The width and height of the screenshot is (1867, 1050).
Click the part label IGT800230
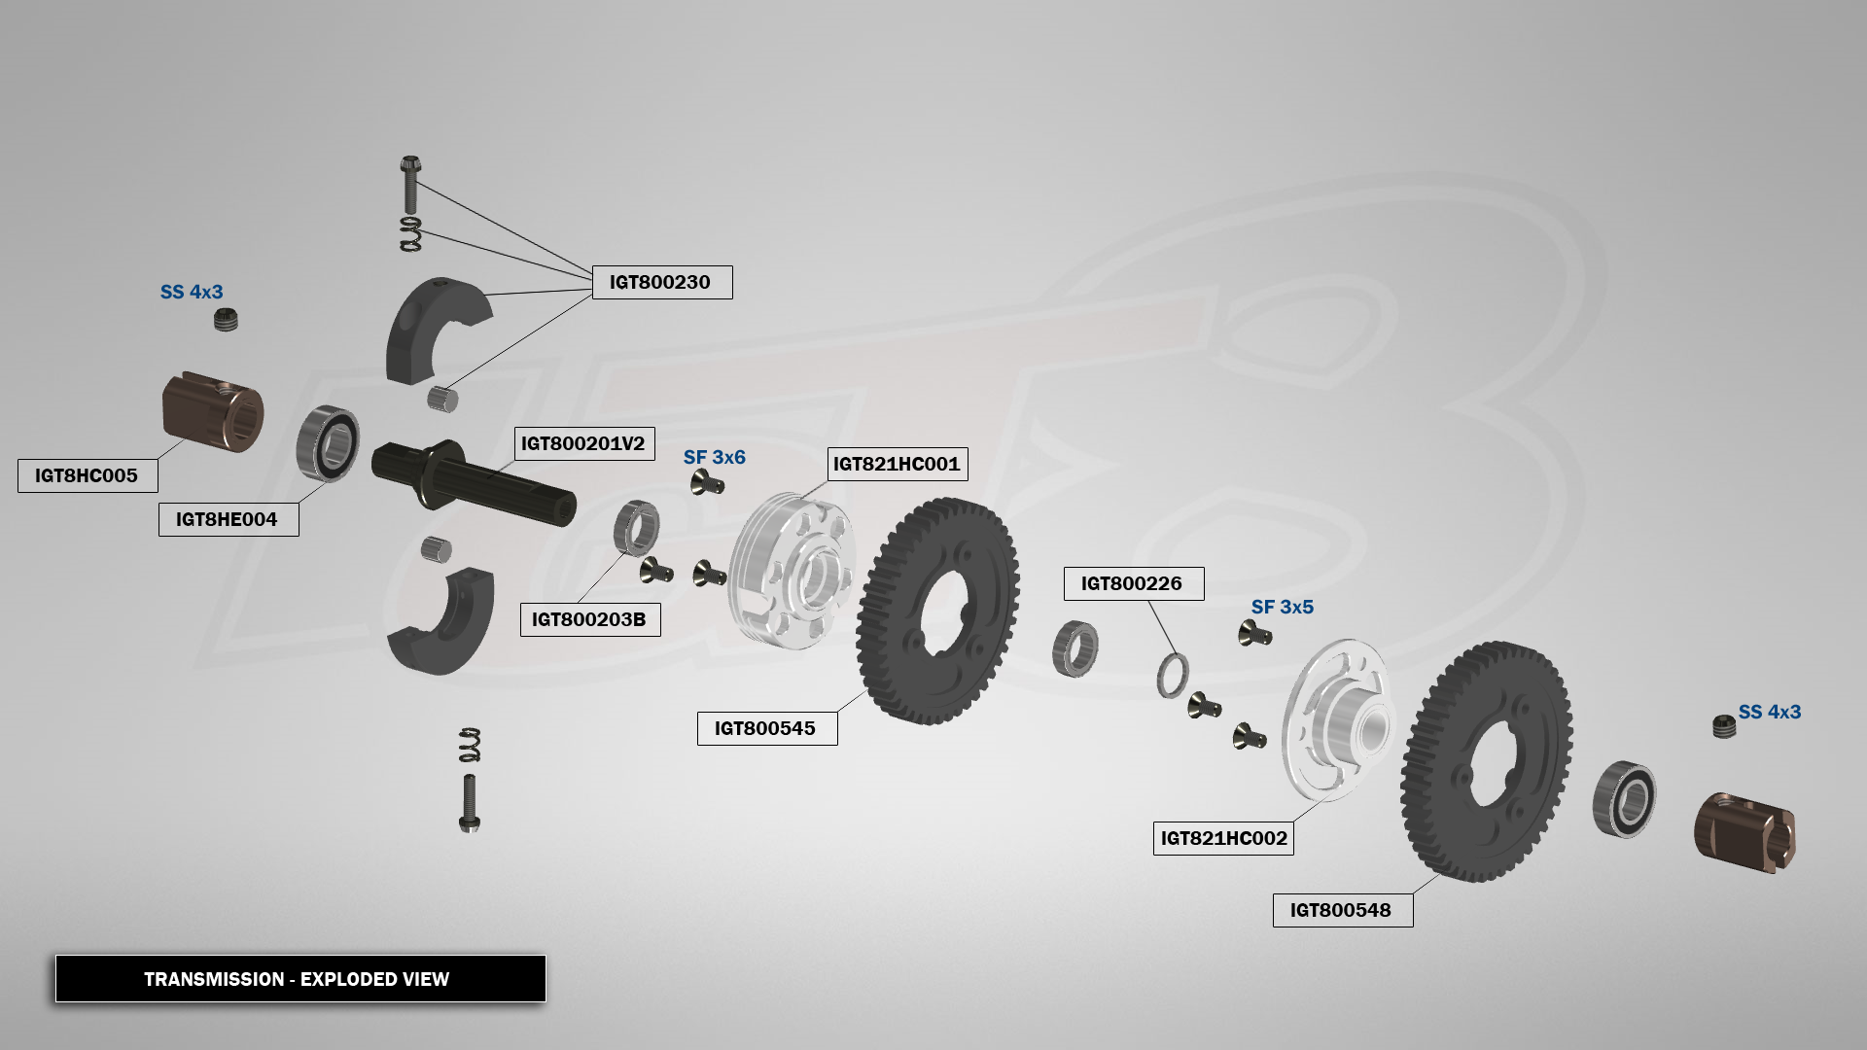click(x=661, y=282)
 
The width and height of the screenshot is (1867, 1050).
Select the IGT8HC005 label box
click(x=87, y=475)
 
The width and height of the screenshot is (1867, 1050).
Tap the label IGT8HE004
click(x=228, y=519)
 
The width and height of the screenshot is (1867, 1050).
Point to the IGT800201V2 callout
click(x=582, y=443)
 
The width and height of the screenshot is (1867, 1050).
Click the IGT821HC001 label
click(x=897, y=464)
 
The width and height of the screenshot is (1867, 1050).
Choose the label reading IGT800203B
click(x=589, y=619)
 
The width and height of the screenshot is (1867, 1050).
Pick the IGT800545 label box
click(x=766, y=728)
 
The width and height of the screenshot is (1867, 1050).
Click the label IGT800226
click(x=1133, y=583)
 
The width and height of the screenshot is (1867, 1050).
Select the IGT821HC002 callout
click(x=1223, y=838)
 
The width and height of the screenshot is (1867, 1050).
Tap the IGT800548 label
click(x=1342, y=910)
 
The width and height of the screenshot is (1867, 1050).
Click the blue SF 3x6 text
click(x=714, y=457)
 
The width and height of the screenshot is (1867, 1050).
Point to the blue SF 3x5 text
click(x=1282, y=607)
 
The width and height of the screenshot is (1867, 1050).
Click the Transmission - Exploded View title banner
click(x=299, y=978)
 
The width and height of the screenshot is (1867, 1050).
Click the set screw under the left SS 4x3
click(x=226, y=319)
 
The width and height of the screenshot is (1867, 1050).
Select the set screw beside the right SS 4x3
click(x=1724, y=725)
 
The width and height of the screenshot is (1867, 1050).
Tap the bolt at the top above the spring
click(x=410, y=184)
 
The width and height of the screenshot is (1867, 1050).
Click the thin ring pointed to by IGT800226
click(x=1172, y=675)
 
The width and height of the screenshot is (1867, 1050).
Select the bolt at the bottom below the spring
click(x=469, y=803)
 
